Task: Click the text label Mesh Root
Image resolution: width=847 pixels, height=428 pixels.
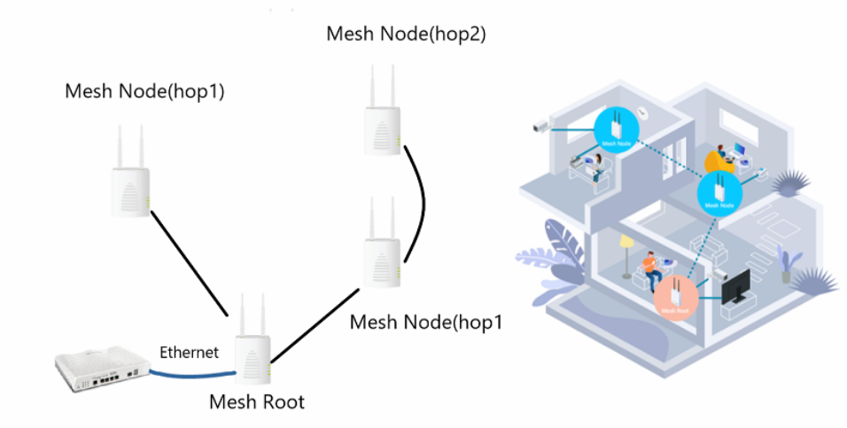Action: pos(256,402)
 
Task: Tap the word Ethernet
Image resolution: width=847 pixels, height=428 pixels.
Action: pos(189,352)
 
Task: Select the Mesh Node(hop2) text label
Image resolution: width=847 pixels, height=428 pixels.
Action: pos(407,35)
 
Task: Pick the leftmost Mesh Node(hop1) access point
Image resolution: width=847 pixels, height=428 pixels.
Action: pos(130,177)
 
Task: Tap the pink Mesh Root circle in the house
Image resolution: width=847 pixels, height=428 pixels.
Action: pos(676,298)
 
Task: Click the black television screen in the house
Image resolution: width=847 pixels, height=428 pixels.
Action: pos(737,287)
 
